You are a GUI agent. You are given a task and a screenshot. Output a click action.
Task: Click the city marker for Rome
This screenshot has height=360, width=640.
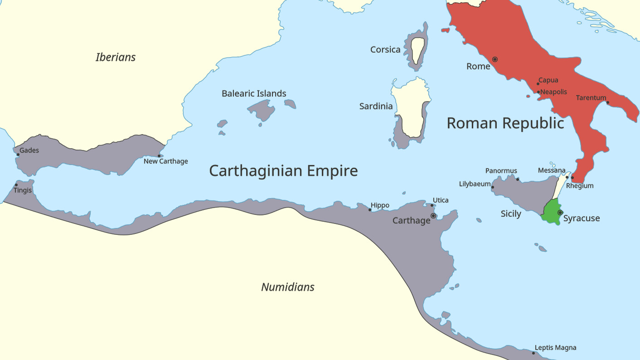point(495,59)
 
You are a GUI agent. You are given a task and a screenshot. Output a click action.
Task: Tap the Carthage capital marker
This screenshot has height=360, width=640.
point(433,216)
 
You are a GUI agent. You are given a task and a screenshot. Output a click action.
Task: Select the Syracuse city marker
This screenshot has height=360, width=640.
point(560,213)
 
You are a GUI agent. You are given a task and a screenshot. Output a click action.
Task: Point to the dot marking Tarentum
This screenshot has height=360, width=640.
point(608,102)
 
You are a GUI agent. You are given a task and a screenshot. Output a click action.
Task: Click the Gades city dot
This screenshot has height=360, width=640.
point(18,155)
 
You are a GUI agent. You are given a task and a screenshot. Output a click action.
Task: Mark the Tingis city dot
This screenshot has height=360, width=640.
point(16,185)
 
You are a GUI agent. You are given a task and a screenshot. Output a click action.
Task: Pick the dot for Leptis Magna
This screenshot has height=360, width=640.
point(533,353)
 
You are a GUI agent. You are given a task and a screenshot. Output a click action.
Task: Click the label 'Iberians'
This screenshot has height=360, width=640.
point(116,57)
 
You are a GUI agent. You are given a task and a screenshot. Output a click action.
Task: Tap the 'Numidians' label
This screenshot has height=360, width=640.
point(288,287)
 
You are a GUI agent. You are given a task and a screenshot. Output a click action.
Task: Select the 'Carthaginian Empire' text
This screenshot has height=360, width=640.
point(283,171)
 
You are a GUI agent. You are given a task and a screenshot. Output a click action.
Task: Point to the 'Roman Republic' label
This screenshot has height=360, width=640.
point(505,123)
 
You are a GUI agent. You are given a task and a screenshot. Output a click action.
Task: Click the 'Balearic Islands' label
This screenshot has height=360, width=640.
point(254,94)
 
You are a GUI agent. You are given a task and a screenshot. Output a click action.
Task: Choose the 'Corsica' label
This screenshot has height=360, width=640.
point(385,50)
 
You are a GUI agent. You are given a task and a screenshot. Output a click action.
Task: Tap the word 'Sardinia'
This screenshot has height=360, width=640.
point(376,107)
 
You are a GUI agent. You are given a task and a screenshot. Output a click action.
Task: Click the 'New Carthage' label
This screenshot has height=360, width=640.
point(166,161)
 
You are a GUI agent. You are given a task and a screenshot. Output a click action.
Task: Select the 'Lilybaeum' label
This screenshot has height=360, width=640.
point(475,184)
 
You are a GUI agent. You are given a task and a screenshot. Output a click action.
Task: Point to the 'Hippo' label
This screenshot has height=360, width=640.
point(380,205)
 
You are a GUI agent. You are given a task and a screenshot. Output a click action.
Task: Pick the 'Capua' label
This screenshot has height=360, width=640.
point(548,81)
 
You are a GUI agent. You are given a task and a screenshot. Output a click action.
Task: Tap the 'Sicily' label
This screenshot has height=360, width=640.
point(511,214)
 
